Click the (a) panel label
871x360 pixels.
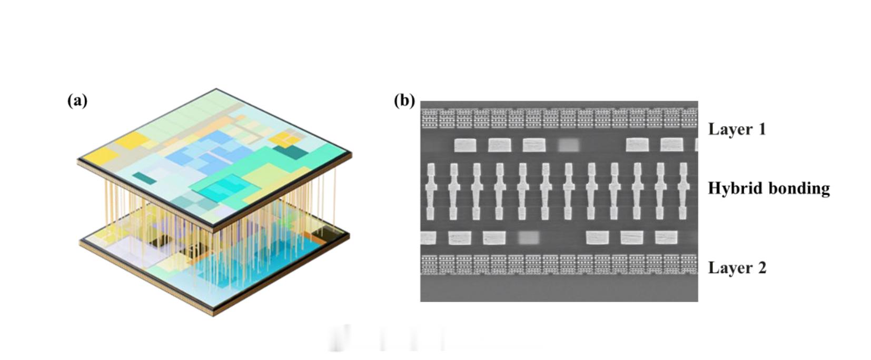(x=77, y=101)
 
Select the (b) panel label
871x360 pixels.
(x=404, y=101)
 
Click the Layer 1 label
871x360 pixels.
(x=737, y=129)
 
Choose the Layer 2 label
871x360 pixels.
(x=737, y=268)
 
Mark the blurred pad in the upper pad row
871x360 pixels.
(x=569, y=145)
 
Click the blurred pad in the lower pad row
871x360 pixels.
(x=529, y=237)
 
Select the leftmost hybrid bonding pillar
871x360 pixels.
(x=431, y=191)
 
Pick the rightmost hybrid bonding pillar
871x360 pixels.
(x=683, y=191)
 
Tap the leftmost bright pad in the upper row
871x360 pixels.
(x=465, y=145)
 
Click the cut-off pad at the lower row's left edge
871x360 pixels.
(x=428, y=237)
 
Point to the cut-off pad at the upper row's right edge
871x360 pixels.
(x=696, y=145)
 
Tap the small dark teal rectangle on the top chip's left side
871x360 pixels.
(x=144, y=178)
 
